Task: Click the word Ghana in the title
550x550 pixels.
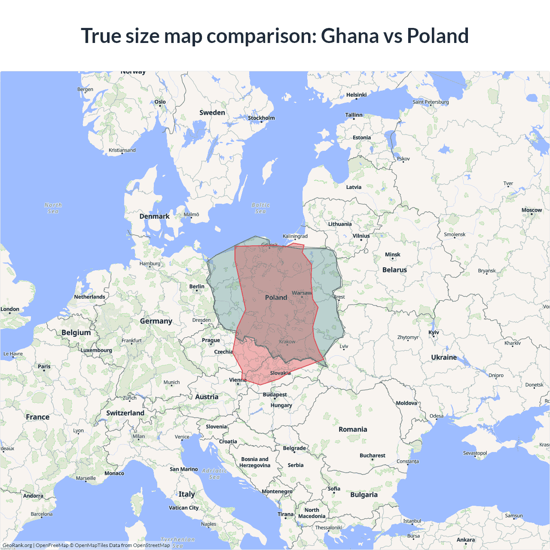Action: [349, 36]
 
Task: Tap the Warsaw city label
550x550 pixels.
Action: [302, 293]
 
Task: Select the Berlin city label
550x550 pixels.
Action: [197, 287]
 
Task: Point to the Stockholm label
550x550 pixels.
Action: [261, 118]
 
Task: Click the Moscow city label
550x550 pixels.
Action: [532, 210]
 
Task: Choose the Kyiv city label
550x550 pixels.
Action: [434, 333]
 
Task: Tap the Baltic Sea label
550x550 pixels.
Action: [261, 208]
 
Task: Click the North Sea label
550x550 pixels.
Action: [53, 208]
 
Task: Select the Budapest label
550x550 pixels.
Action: [275, 394]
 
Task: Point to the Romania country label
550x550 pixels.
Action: [353, 429]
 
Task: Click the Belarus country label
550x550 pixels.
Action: [394, 270]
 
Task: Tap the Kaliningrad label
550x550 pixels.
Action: [295, 236]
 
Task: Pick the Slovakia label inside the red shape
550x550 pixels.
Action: [280, 373]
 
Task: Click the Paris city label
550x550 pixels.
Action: [44, 367]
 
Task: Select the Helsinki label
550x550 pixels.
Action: [356, 95]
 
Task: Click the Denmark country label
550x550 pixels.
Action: [154, 216]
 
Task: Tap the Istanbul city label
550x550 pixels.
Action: [412, 521]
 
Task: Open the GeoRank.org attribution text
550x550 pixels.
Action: [17, 545]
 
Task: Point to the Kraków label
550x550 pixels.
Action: [287, 342]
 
